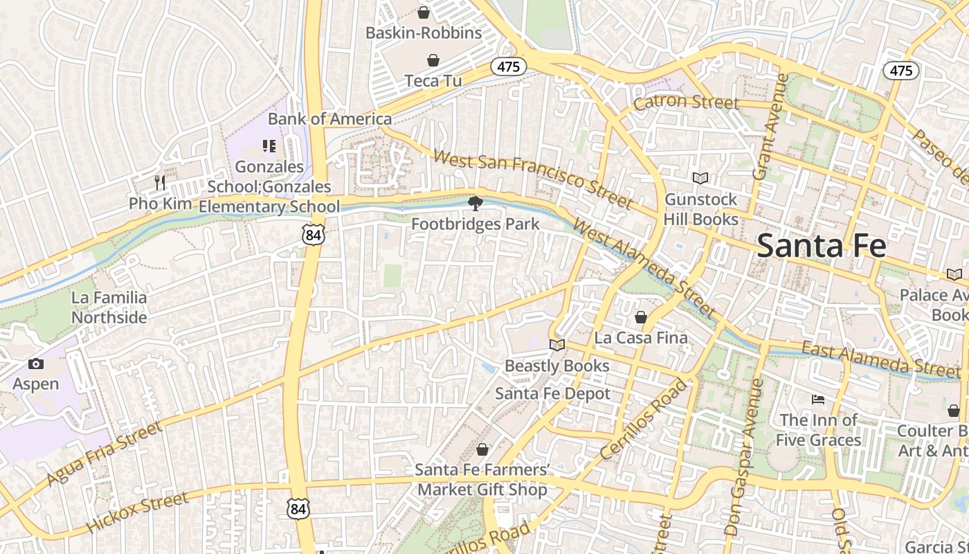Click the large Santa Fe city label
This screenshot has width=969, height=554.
point(821,246)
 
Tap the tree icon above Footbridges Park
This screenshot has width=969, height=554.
point(475,203)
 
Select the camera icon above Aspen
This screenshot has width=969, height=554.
point(36,364)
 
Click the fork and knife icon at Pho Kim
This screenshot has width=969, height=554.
point(160,182)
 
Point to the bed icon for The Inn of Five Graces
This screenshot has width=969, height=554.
point(817,400)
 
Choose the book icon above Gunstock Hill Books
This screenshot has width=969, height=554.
point(700,179)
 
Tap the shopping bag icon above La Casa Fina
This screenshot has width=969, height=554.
point(641,317)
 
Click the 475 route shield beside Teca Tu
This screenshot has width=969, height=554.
point(509,66)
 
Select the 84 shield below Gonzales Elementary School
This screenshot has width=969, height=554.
point(313,235)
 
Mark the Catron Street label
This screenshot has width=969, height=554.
point(687,102)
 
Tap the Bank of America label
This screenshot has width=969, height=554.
point(329,118)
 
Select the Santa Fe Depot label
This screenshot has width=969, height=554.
point(552,393)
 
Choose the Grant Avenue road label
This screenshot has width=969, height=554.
point(770,127)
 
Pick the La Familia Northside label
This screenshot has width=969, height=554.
point(109,307)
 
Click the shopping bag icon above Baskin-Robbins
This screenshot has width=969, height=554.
point(424,12)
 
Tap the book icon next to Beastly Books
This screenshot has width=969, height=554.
point(556,345)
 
